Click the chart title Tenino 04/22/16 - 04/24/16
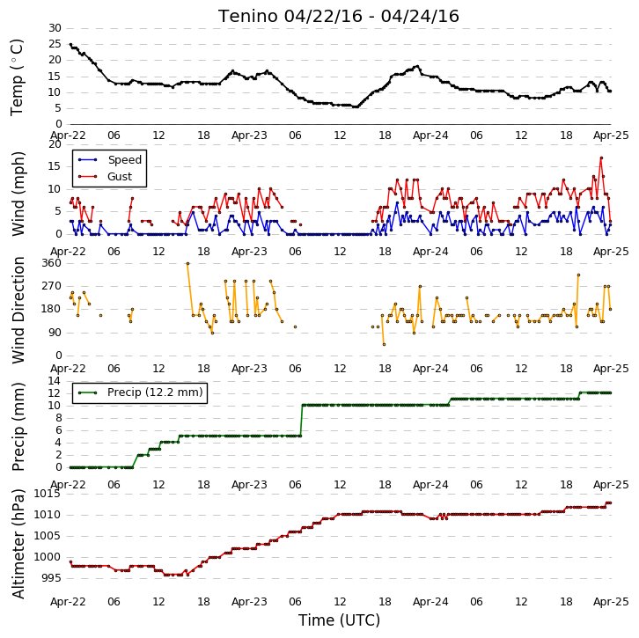coord(338,17)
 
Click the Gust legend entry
coord(105,176)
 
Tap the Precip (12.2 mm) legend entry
coord(140,392)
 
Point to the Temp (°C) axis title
coord(17,77)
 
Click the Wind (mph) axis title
coord(18,194)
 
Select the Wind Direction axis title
coord(18,310)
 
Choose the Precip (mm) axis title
coord(18,427)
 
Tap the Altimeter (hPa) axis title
coord(18,544)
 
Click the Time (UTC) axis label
coord(339,620)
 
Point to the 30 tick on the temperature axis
coord(55,28)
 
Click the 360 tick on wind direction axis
coord(51,263)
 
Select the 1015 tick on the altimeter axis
coord(47,494)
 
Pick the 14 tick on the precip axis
coord(55,381)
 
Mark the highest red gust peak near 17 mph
coord(601,158)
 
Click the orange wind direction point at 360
coord(187,264)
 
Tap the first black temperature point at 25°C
coord(71,44)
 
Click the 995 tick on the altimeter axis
coord(50,578)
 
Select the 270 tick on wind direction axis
coord(51,286)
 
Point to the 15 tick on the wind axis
coord(55,166)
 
